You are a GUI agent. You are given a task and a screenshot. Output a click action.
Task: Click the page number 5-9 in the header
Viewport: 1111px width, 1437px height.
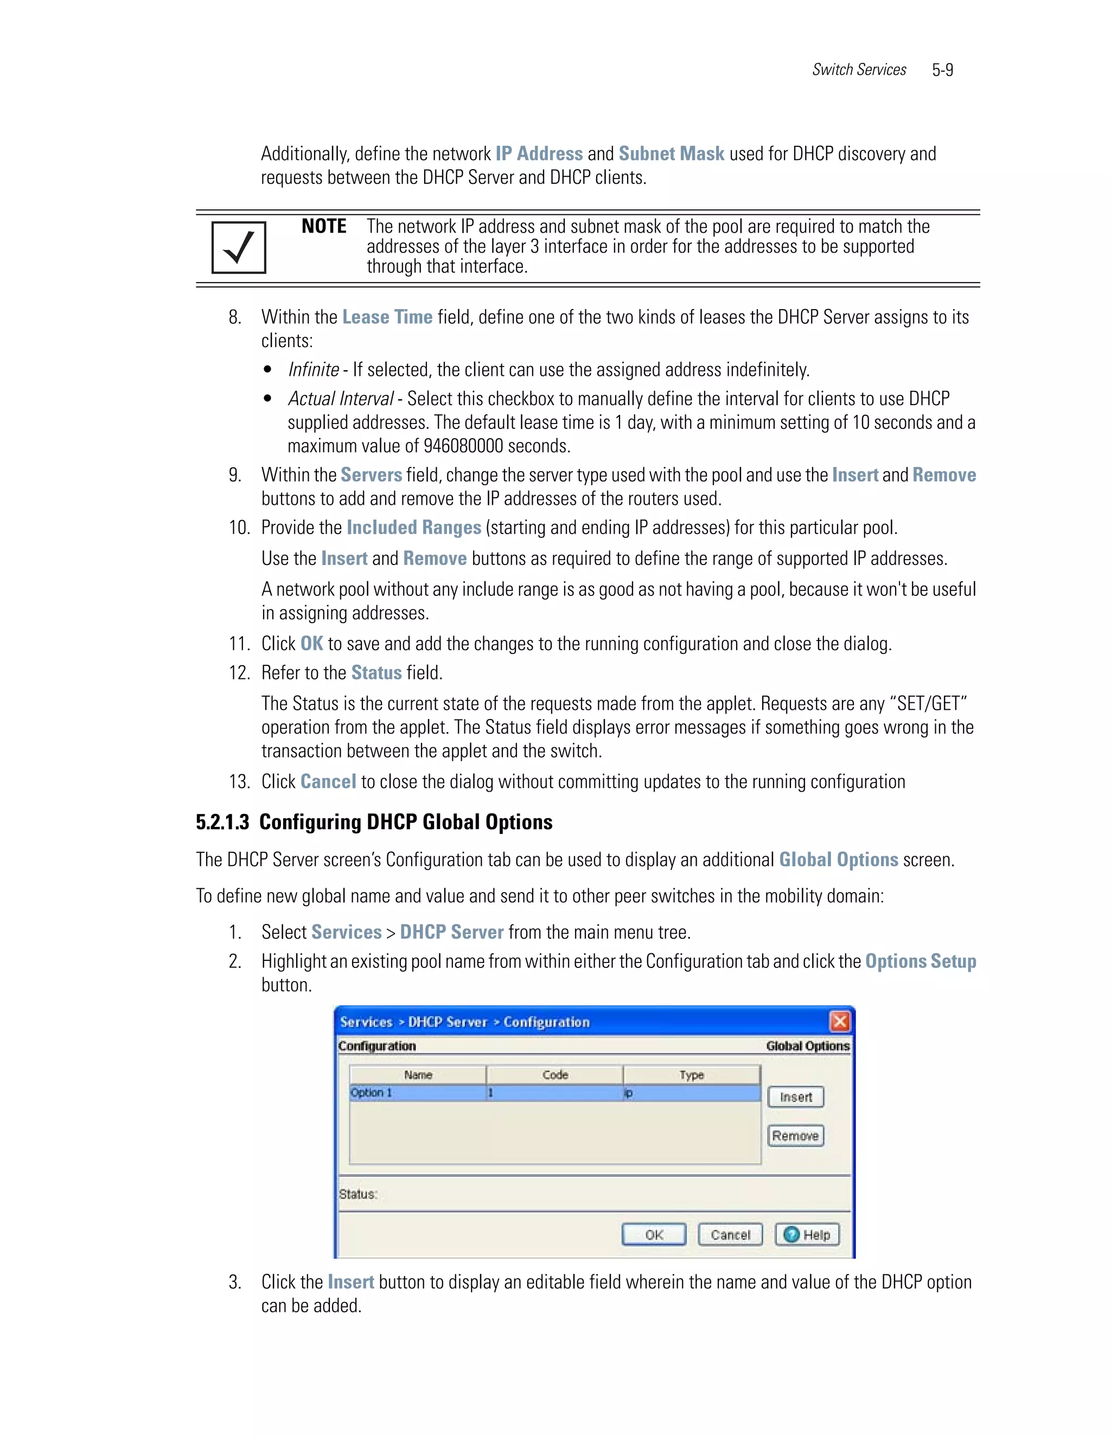tap(942, 70)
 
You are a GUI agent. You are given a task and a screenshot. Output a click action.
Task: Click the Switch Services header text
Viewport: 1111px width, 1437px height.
tap(858, 70)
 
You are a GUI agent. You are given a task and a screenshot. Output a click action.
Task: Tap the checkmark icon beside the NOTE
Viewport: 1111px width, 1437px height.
tap(238, 247)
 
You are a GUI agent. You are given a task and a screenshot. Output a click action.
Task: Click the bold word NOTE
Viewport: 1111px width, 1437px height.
tap(323, 226)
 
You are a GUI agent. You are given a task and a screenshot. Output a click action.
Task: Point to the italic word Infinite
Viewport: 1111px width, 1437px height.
tap(314, 370)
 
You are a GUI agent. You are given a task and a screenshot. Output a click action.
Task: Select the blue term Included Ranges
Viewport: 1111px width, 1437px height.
tap(413, 528)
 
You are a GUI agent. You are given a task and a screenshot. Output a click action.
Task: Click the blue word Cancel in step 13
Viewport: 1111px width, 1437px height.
tap(328, 781)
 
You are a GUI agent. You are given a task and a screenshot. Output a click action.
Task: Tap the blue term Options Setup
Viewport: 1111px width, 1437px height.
tap(920, 961)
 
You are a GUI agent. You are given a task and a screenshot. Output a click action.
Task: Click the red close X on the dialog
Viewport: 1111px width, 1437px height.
tap(839, 1021)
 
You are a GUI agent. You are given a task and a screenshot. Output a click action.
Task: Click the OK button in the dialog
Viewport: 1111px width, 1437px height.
tap(654, 1234)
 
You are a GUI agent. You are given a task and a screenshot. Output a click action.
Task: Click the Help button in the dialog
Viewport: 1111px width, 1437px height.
tap(808, 1234)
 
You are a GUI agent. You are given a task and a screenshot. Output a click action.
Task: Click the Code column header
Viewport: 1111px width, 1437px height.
tap(554, 1074)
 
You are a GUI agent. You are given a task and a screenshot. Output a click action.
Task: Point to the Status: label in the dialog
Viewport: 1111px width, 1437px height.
tap(358, 1194)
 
